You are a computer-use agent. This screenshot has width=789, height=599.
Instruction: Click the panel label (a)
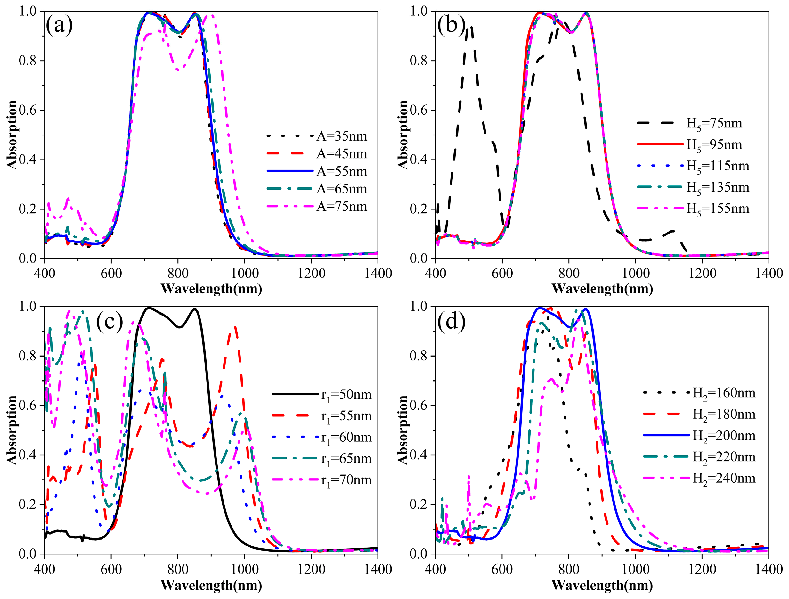59,25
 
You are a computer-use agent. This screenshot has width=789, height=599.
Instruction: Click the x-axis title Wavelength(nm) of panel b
602,289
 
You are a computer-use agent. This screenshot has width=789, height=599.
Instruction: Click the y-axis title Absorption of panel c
12,430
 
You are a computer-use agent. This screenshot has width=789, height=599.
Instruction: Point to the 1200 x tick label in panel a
311,274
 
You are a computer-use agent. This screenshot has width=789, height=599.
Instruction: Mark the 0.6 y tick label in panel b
418,110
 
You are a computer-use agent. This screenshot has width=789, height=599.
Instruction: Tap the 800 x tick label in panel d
569,569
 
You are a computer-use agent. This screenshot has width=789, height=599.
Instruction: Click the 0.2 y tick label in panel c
28,505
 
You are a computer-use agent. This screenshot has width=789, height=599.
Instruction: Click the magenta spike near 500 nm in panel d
468,477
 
